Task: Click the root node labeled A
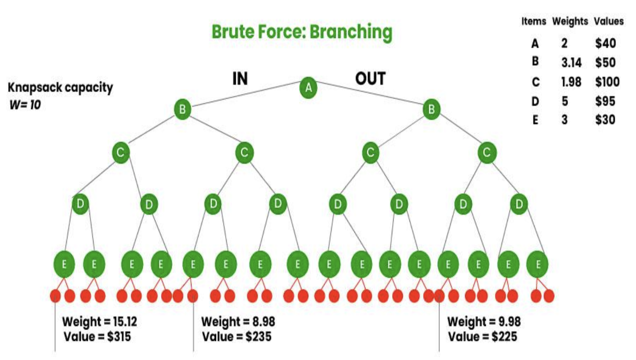click(308, 88)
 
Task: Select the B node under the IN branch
click(183, 109)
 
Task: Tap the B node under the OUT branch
click(431, 109)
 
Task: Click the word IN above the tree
click(240, 78)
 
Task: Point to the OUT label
click(370, 79)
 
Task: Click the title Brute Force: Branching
click(302, 32)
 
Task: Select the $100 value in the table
click(607, 82)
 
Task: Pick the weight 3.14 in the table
click(571, 62)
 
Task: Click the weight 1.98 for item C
click(571, 82)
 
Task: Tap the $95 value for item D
click(605, 101)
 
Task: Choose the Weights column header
click(570, 21)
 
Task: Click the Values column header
click(609, 21)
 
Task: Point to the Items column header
click(534, 21)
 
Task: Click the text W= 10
click(25, 104)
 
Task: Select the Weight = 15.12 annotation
click(99, 321)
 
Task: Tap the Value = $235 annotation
click(237, 337)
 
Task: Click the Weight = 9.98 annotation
click(484, 321)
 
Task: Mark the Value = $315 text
click(98, 337)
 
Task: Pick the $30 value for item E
click(605, 119)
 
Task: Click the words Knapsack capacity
click(60, 88)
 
